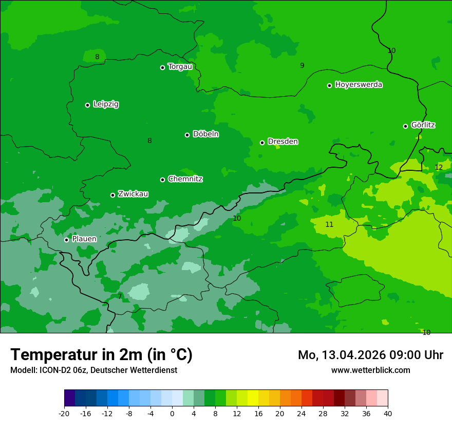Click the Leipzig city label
[106, 104]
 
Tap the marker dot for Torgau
[162, 67]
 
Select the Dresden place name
[282, 141]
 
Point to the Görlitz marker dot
[405, 126]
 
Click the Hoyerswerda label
[359, 84]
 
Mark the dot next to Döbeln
[187, 135]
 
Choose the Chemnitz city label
[185, 179]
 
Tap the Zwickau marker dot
[112, 195]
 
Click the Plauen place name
[84, 239]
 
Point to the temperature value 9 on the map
[302, 65]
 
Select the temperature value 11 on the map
[329, 224]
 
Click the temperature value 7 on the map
[120, 296]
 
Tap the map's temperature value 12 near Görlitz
[439, 167]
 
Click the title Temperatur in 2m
[101, 354]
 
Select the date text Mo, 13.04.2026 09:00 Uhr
[370, 355]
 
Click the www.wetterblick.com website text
[370, 370]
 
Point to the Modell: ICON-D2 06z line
[93, 370]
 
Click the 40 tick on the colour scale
[388, 413]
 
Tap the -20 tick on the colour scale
[64, 413]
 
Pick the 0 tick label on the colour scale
[172, 413]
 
